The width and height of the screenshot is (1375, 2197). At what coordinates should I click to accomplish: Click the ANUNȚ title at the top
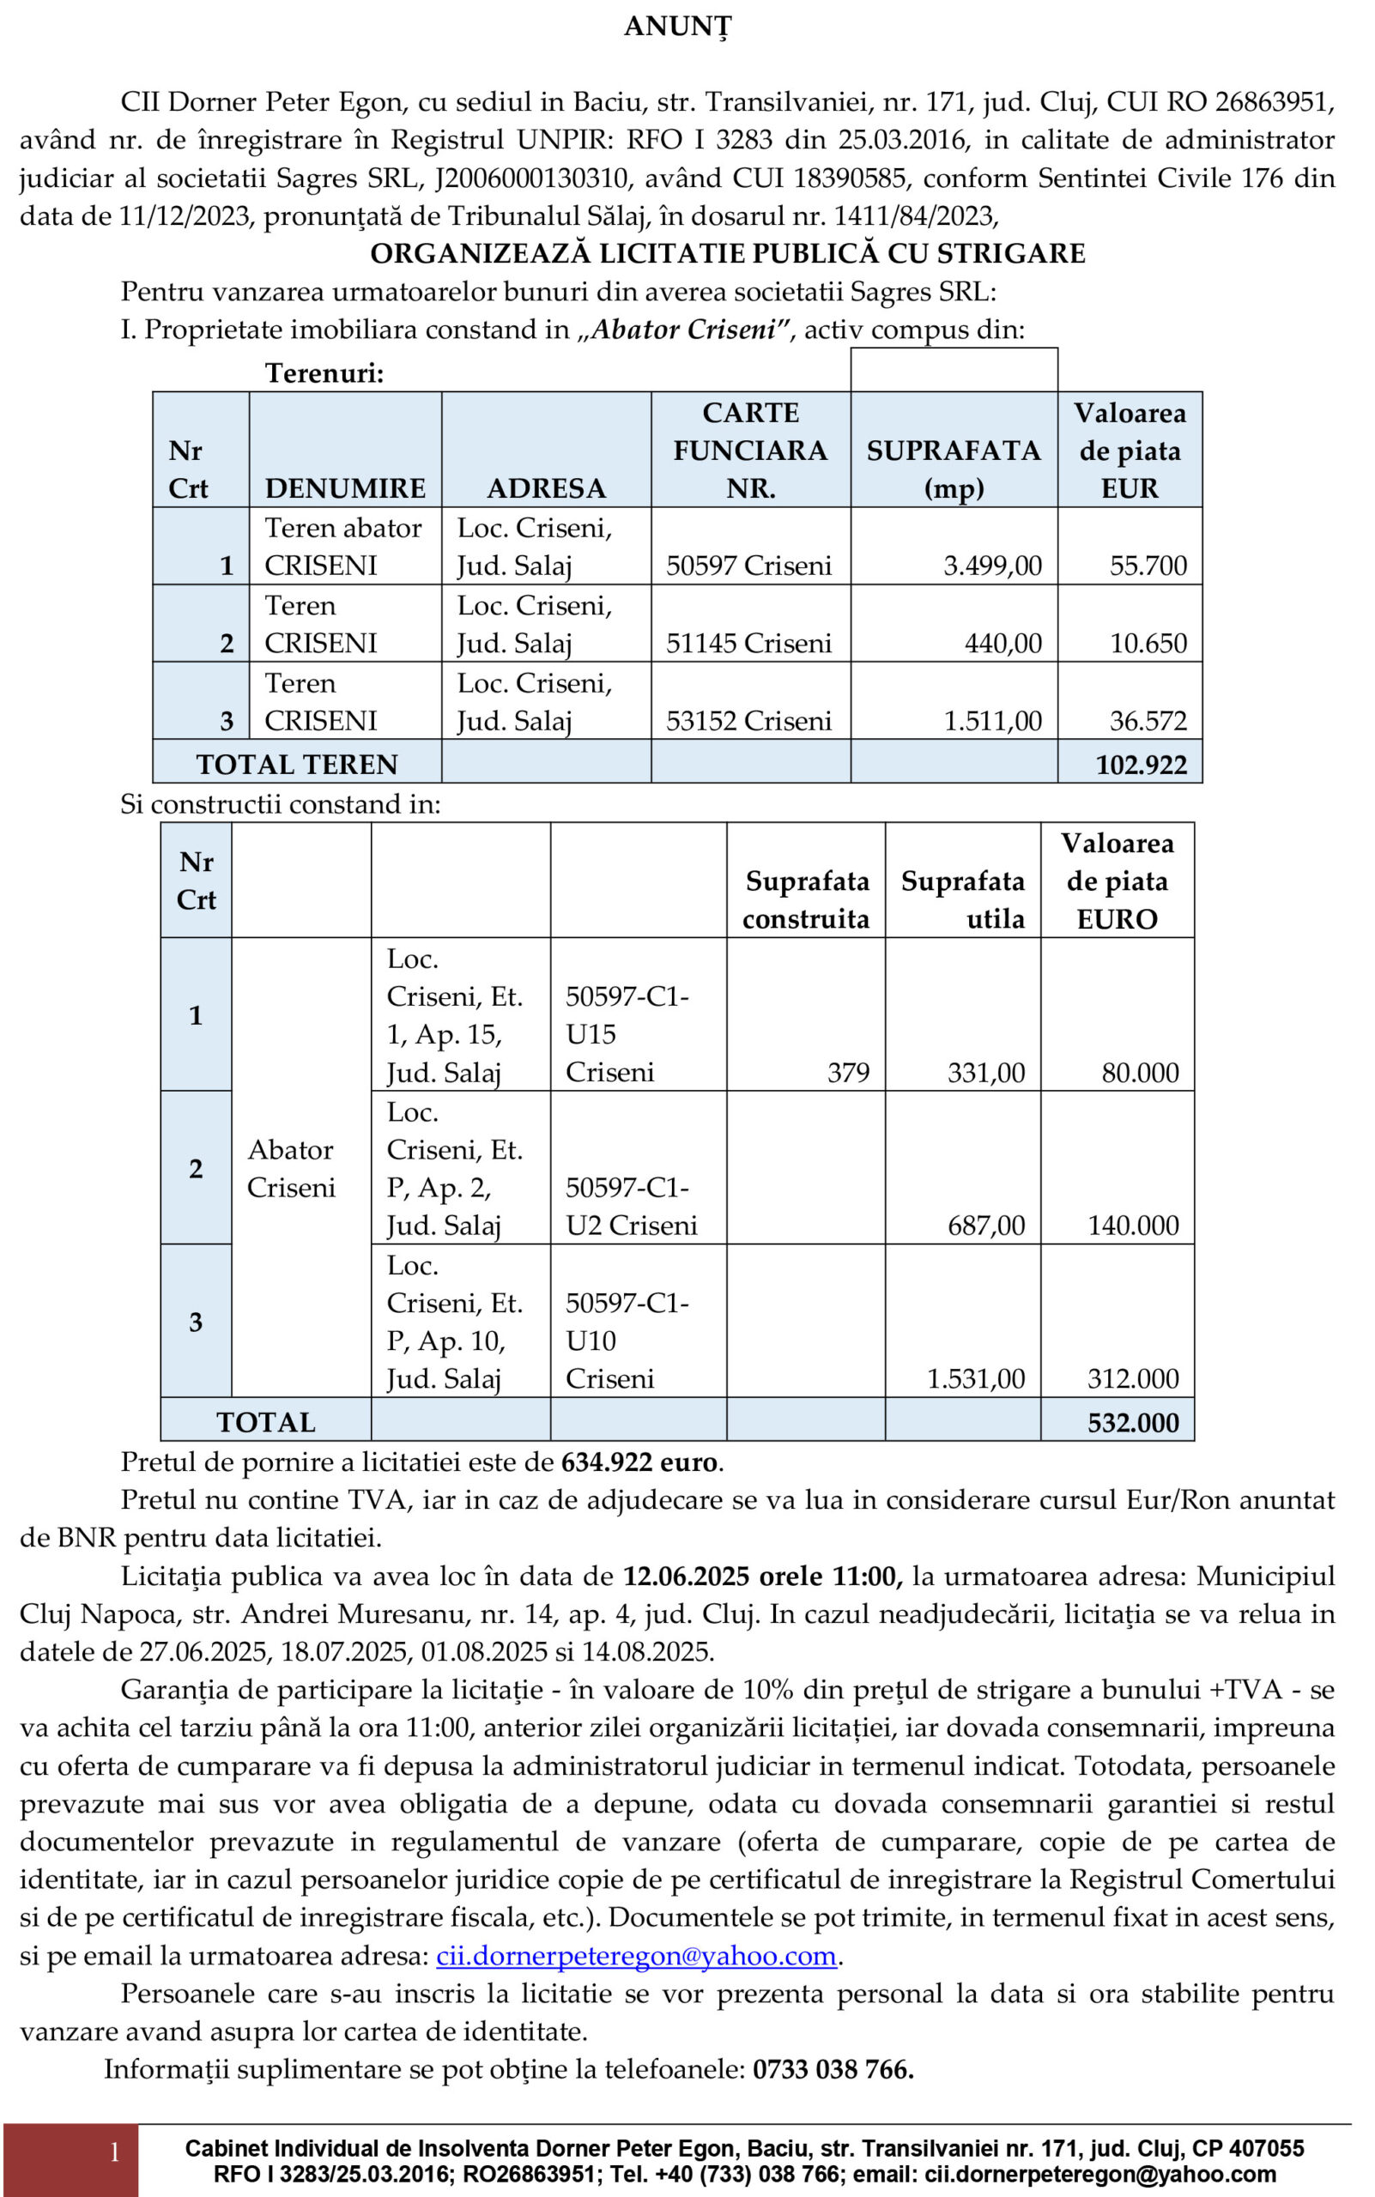click(677, 27)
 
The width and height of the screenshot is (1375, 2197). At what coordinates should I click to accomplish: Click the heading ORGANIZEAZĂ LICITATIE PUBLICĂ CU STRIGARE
click(728, 253)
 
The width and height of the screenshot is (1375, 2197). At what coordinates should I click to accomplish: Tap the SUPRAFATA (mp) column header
click(953, 469)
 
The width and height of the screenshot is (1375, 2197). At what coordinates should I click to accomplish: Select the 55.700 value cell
click(1148, 566)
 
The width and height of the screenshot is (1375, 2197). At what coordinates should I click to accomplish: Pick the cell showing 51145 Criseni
click(748, 643)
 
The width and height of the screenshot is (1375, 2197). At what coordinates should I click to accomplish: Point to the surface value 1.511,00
click(992, 720)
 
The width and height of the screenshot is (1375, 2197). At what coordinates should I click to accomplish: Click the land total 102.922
click(1141, 764)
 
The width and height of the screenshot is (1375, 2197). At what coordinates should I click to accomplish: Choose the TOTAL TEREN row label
click(296, 764)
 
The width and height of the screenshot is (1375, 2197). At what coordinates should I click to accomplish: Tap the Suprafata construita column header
click(806, 899)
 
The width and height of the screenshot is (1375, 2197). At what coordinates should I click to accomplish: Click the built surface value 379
click(847, 1072)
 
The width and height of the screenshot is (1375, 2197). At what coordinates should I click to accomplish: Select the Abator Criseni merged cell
click(291, 1169)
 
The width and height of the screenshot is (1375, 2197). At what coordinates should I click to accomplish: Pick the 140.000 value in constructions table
click(1132, 1225)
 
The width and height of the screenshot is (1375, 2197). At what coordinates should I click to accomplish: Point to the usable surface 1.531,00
click(975, 1378)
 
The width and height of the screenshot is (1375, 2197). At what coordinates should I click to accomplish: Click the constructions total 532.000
click(1132, 1422)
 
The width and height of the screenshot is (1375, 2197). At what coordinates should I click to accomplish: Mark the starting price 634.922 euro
click(640, 1462)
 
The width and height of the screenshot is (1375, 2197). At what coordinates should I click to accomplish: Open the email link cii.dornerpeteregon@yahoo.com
click(637, 1955)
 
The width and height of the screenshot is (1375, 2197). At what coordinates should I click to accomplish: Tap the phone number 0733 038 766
click(833, 2069)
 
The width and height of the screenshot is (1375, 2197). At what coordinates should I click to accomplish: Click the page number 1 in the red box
click(115, 2152)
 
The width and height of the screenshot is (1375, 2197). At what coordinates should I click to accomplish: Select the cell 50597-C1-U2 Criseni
click(631, 1207)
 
